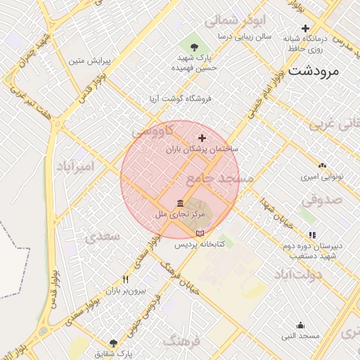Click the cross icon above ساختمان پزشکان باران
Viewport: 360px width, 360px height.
point(202,138)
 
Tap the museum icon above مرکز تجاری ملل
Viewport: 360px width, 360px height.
point(181,202)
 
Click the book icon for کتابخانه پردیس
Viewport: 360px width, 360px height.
point(200,233)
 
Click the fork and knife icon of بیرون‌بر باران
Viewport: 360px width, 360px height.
point(125,279)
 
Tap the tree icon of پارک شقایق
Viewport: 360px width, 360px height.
point(114,342)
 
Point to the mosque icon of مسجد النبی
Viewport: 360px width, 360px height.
point(301,325)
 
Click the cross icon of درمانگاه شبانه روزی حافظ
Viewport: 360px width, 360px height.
point(305,27)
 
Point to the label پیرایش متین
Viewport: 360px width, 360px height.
point(86,61)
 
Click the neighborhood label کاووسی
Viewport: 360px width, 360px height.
point(148,131)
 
